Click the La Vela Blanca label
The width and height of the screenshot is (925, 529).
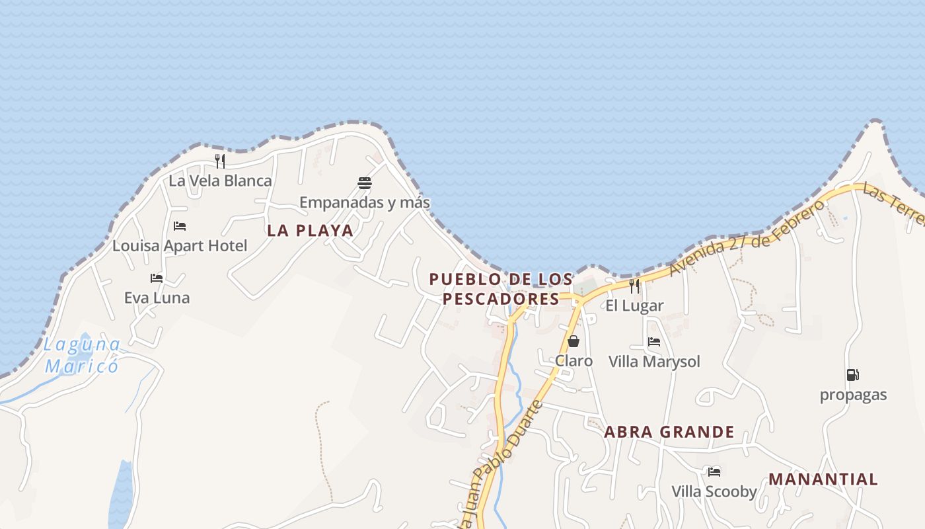220,181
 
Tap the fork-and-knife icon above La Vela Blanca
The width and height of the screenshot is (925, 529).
220,160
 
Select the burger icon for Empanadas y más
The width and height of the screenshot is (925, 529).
364,183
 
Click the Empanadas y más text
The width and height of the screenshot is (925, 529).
364,202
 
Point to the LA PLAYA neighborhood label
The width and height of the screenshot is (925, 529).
310,231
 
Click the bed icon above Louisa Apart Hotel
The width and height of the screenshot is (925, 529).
180,226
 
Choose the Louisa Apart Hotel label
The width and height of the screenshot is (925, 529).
180,246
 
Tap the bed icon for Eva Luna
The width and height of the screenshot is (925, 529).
157,278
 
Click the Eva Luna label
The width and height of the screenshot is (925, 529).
157,298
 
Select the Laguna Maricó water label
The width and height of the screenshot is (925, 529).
82,355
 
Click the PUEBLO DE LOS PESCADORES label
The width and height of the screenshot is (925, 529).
501,289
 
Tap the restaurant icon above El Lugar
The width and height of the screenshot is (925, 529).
634,286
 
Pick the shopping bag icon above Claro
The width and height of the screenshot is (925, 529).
573,341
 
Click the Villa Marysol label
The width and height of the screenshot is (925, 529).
654,362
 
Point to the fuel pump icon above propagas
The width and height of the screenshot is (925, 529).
853,375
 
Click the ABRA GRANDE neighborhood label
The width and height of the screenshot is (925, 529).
669,432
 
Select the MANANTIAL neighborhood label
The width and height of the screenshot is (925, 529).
823,479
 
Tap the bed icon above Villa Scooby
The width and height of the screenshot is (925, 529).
714,472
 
